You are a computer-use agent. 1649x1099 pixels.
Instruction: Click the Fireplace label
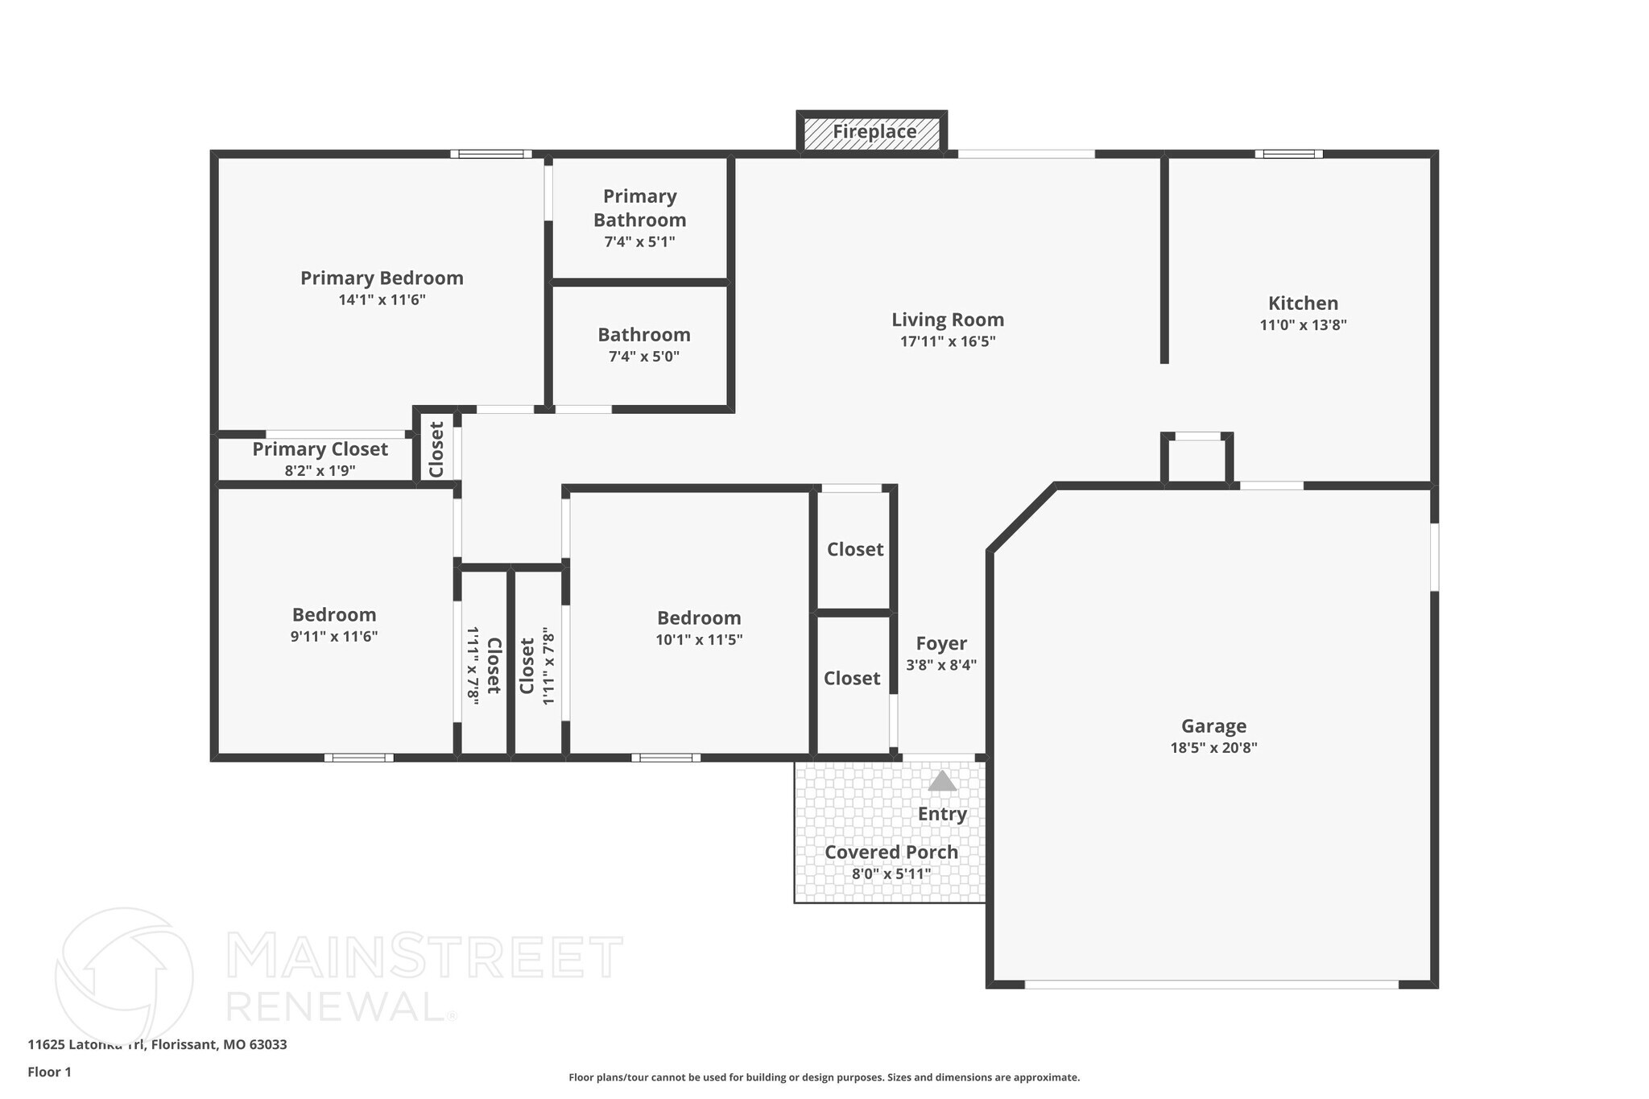[x=874, y=131]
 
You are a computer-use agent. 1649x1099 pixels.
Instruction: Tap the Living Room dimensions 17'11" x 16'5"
[x=948, y=341]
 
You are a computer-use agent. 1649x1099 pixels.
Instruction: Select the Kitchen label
[x=1303, y=304]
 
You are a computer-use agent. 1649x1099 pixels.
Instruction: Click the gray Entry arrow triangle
[x=942, y=781]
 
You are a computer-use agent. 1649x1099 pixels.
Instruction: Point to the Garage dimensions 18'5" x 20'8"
[x=1213, y=748]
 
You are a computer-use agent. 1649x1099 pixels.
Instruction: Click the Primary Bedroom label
[x=382, y=278]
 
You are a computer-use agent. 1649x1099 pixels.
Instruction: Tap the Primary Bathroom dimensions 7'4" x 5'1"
[x=639, y=242]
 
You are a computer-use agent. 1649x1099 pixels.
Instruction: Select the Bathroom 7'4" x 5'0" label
[x=643, y=335]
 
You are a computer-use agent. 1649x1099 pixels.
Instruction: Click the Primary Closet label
[x=320, y=449]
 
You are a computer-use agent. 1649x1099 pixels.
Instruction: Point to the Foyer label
[x=941, y=643]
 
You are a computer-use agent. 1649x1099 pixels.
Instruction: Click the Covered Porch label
[x=891, y=852]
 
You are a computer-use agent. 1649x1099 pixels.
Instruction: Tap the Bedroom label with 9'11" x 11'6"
[x=334, y=615]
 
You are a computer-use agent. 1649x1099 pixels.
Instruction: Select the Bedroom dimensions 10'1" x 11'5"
[x=699, y=640]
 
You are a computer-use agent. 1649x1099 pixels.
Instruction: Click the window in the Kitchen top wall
[x=1288, y=154]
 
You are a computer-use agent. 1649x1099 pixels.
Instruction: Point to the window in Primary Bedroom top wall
[x=490, y=154]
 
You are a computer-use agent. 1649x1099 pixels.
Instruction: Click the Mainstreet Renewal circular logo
[x=124, y=976]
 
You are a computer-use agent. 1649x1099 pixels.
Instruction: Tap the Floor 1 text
[x=49, y=1072]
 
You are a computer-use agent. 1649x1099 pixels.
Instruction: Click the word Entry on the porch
[x=942, y=814]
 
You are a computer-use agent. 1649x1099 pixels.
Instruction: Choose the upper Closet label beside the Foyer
[x=855, y=549]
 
